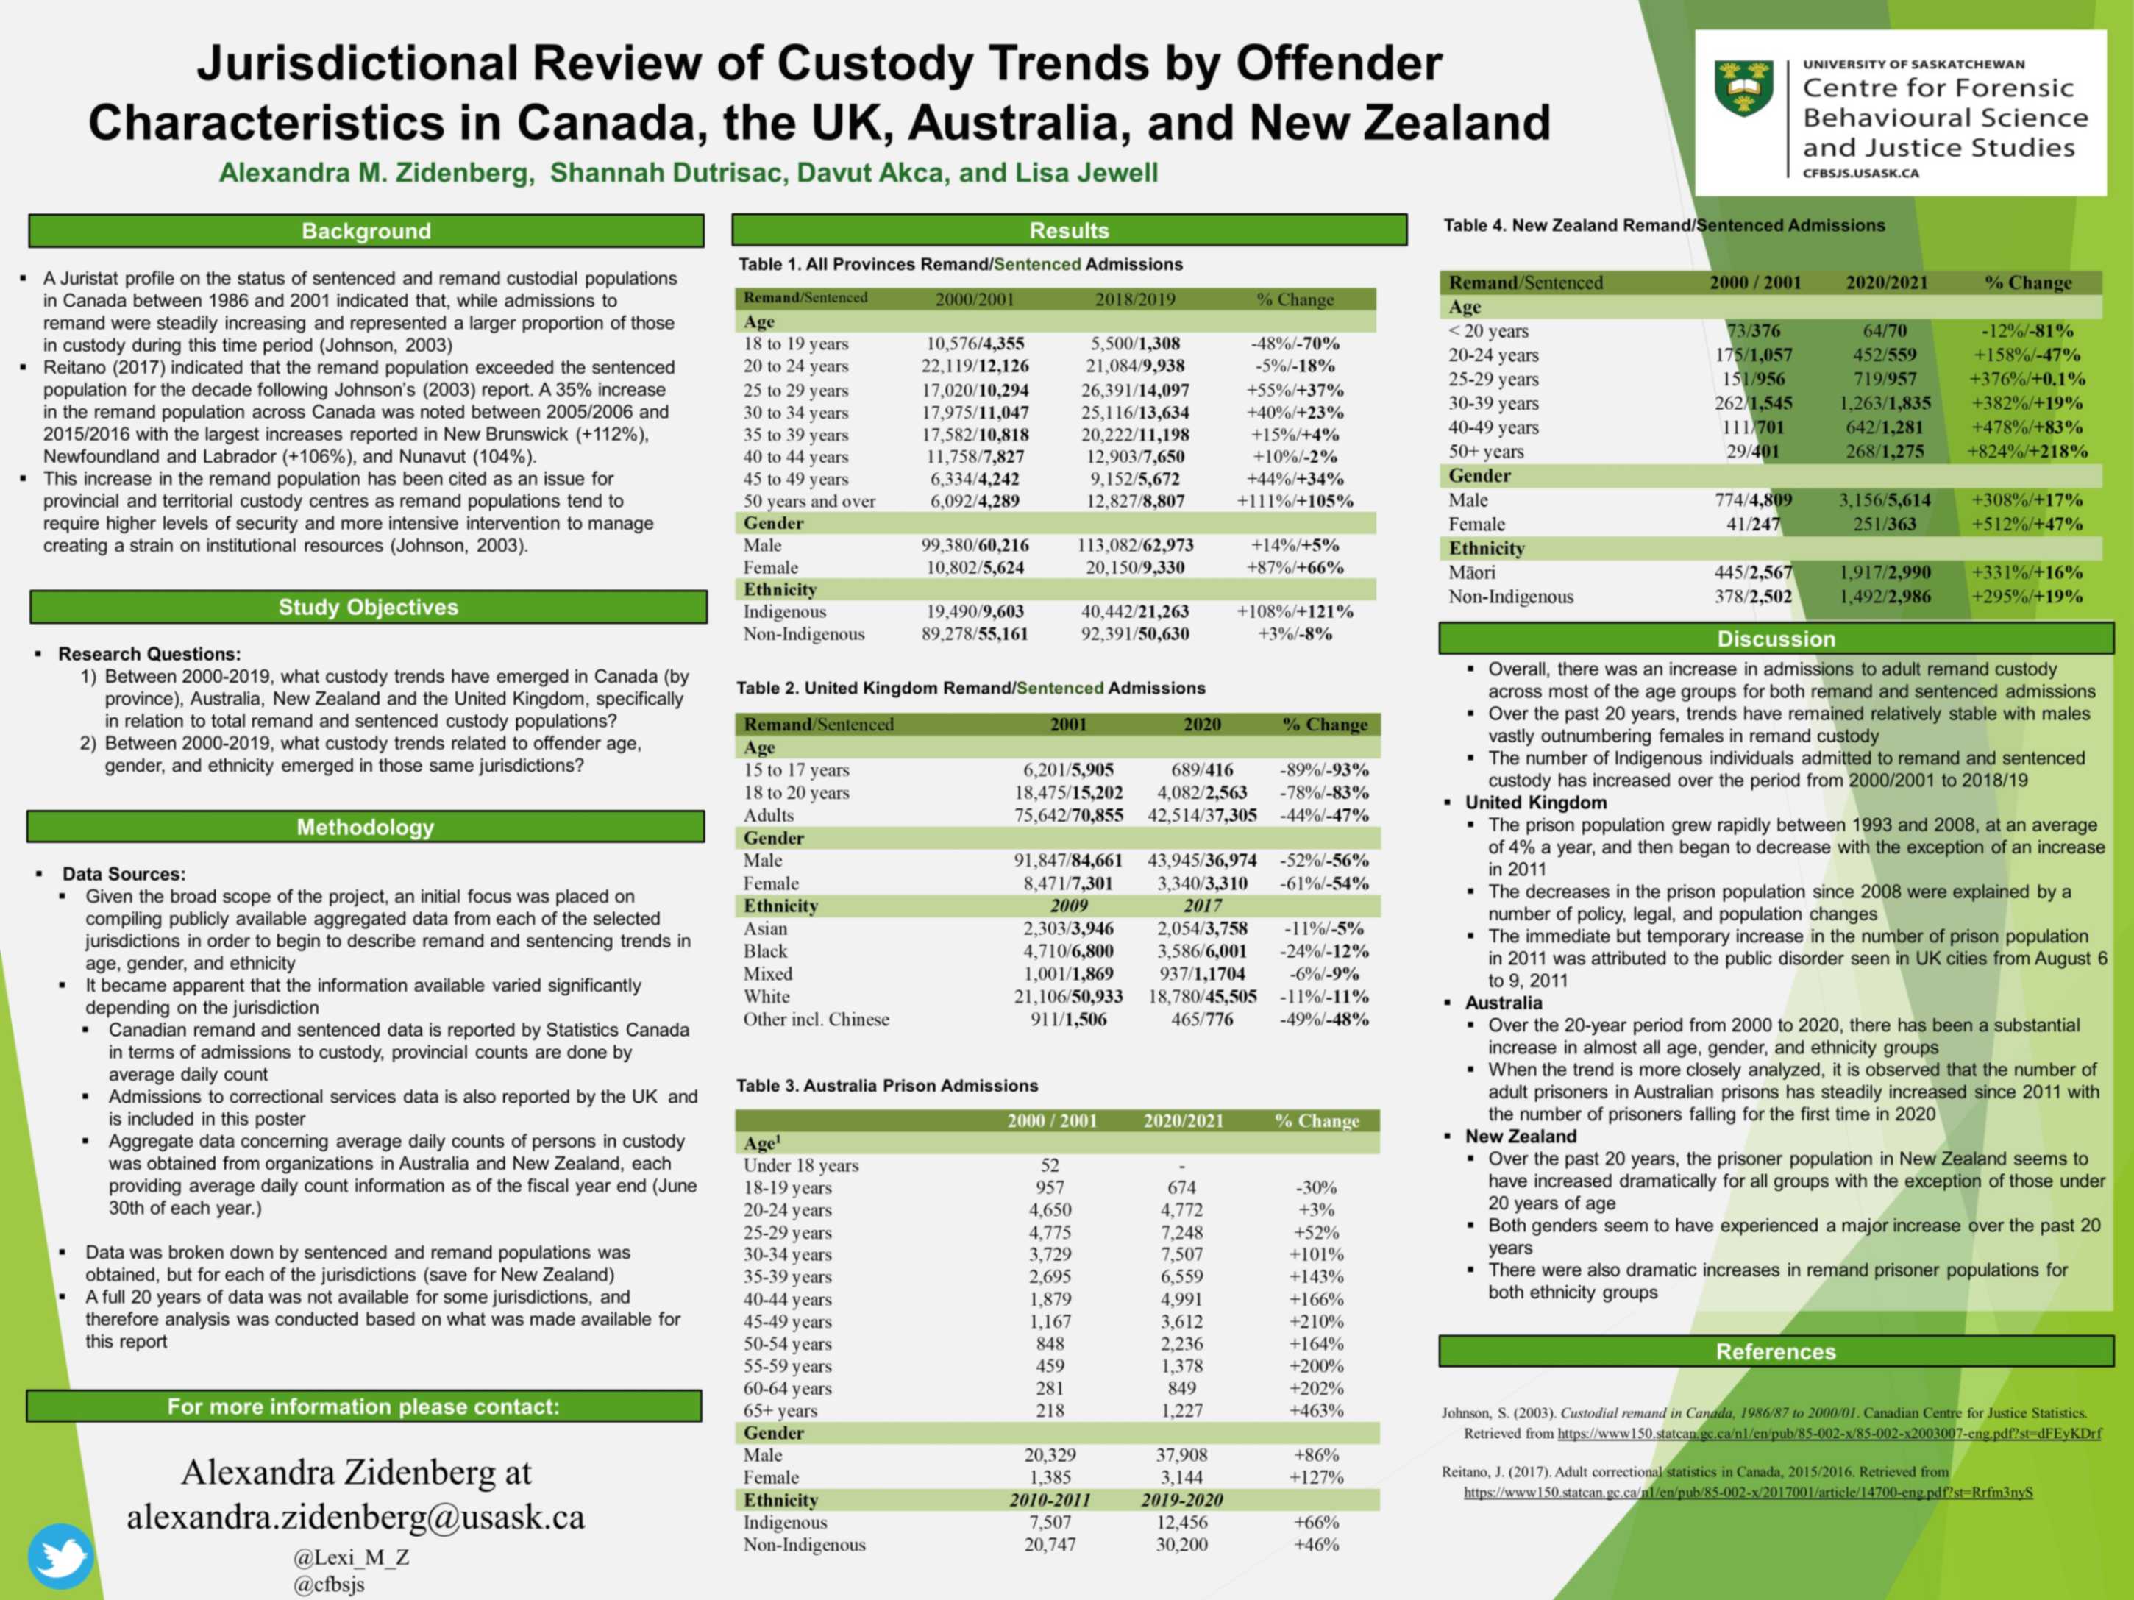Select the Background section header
tap(366, 231)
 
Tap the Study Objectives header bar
tap(368, 607)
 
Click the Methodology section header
tap(365, 827)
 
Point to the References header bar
tap(1775, 1352)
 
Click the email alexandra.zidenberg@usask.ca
tap(355, 1517)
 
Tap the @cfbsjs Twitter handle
tap(329, 1584)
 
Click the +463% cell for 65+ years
tap(1316, 1410)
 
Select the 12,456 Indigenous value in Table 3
tap(1181, 1522)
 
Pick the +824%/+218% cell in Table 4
tap(2027, 452)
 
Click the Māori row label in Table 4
tap(1471, 572)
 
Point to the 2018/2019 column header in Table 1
tap(1134, 299)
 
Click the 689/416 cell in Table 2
tap(1201, 770)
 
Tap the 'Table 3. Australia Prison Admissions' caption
tap(886, 1086)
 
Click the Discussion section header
tap(1775, 639)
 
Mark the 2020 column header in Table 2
tap(1201, 725)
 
